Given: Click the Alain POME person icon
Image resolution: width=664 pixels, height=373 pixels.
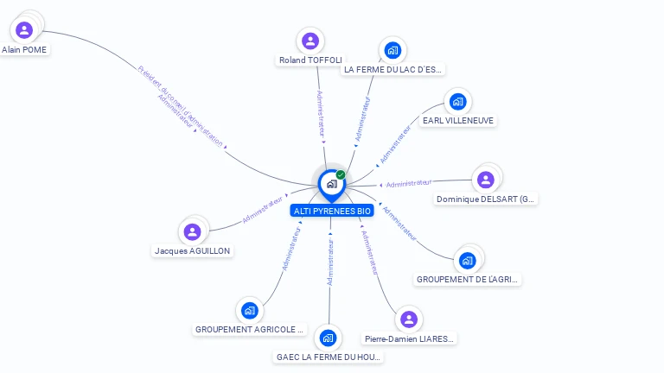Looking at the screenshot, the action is click(24, 30).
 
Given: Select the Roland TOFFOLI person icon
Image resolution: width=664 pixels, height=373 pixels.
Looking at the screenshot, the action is click(310, 41).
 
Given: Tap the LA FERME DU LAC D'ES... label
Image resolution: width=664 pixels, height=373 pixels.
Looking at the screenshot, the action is click(393, 69).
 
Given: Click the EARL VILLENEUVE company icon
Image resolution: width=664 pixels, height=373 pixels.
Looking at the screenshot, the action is click(457, 101).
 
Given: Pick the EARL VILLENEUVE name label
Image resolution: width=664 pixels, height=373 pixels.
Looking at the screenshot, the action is click(458, 121).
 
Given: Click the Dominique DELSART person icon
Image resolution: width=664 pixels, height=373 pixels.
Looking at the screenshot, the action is click(485, 180).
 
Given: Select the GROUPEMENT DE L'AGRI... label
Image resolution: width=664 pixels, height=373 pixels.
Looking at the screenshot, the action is click(469, 280).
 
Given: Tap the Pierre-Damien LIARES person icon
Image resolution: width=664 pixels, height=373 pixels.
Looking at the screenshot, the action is click(409, 319).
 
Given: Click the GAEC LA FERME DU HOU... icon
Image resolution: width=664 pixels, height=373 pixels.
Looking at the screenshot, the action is click(327, 338).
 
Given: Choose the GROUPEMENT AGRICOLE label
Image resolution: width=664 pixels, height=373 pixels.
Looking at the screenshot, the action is click(250, 329).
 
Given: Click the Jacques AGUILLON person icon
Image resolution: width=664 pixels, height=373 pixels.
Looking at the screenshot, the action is click(193, 231).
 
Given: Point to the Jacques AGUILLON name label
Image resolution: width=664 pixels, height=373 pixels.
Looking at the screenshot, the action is click(193, 251).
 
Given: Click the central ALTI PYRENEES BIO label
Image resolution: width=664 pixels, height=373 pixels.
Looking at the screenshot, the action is click(333, 211).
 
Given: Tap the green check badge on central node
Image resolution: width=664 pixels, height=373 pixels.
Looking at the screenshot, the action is click(341, 174).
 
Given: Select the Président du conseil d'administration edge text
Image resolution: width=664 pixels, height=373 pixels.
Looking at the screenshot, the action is click(182, 104).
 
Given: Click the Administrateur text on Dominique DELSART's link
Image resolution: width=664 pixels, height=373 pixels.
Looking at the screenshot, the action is click(409, 183).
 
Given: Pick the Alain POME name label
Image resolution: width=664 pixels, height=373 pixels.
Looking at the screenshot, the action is click(24, 50).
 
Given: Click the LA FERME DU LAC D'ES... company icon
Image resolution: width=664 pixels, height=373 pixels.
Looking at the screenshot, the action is click(393, 49).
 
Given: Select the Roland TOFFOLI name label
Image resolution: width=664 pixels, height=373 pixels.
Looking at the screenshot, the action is click(310, 60).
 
